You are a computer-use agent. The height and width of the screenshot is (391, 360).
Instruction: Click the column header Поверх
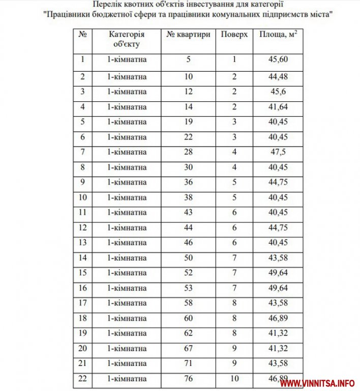(x=234, y=35)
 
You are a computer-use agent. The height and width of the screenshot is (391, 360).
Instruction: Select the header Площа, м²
(x=278, y=35)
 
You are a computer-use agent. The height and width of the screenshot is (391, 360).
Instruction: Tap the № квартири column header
(x=188, y=35)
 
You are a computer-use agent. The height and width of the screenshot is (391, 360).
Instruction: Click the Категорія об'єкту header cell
(x=127, y=39)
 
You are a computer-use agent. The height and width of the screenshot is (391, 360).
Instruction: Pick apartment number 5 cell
(x=188, y=60)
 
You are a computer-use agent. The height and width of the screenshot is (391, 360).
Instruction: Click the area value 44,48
(x=278, y=77)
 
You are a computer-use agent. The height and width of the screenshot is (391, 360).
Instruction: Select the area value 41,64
(x=278, y=107)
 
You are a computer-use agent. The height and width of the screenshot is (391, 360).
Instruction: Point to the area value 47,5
(x=278, y=152)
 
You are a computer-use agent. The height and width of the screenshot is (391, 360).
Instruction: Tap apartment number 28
(x=188, y=152)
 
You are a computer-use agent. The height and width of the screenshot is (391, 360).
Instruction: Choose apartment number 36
(x=188, y=182)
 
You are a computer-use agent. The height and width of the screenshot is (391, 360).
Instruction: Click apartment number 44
(x=188, y=228)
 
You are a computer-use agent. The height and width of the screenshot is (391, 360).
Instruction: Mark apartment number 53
(x=188, y=288)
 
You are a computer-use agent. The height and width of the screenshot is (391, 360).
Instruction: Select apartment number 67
(x=188, y=348)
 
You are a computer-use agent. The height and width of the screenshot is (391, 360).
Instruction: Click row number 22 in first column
(x=82, y=378)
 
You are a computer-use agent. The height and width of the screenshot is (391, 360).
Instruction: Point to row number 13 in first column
(x=82, y=243)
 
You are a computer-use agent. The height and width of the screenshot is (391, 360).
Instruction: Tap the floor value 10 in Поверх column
(x=234, y=378)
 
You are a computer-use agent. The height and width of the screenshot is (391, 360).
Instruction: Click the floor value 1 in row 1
(x=234, y=60)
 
